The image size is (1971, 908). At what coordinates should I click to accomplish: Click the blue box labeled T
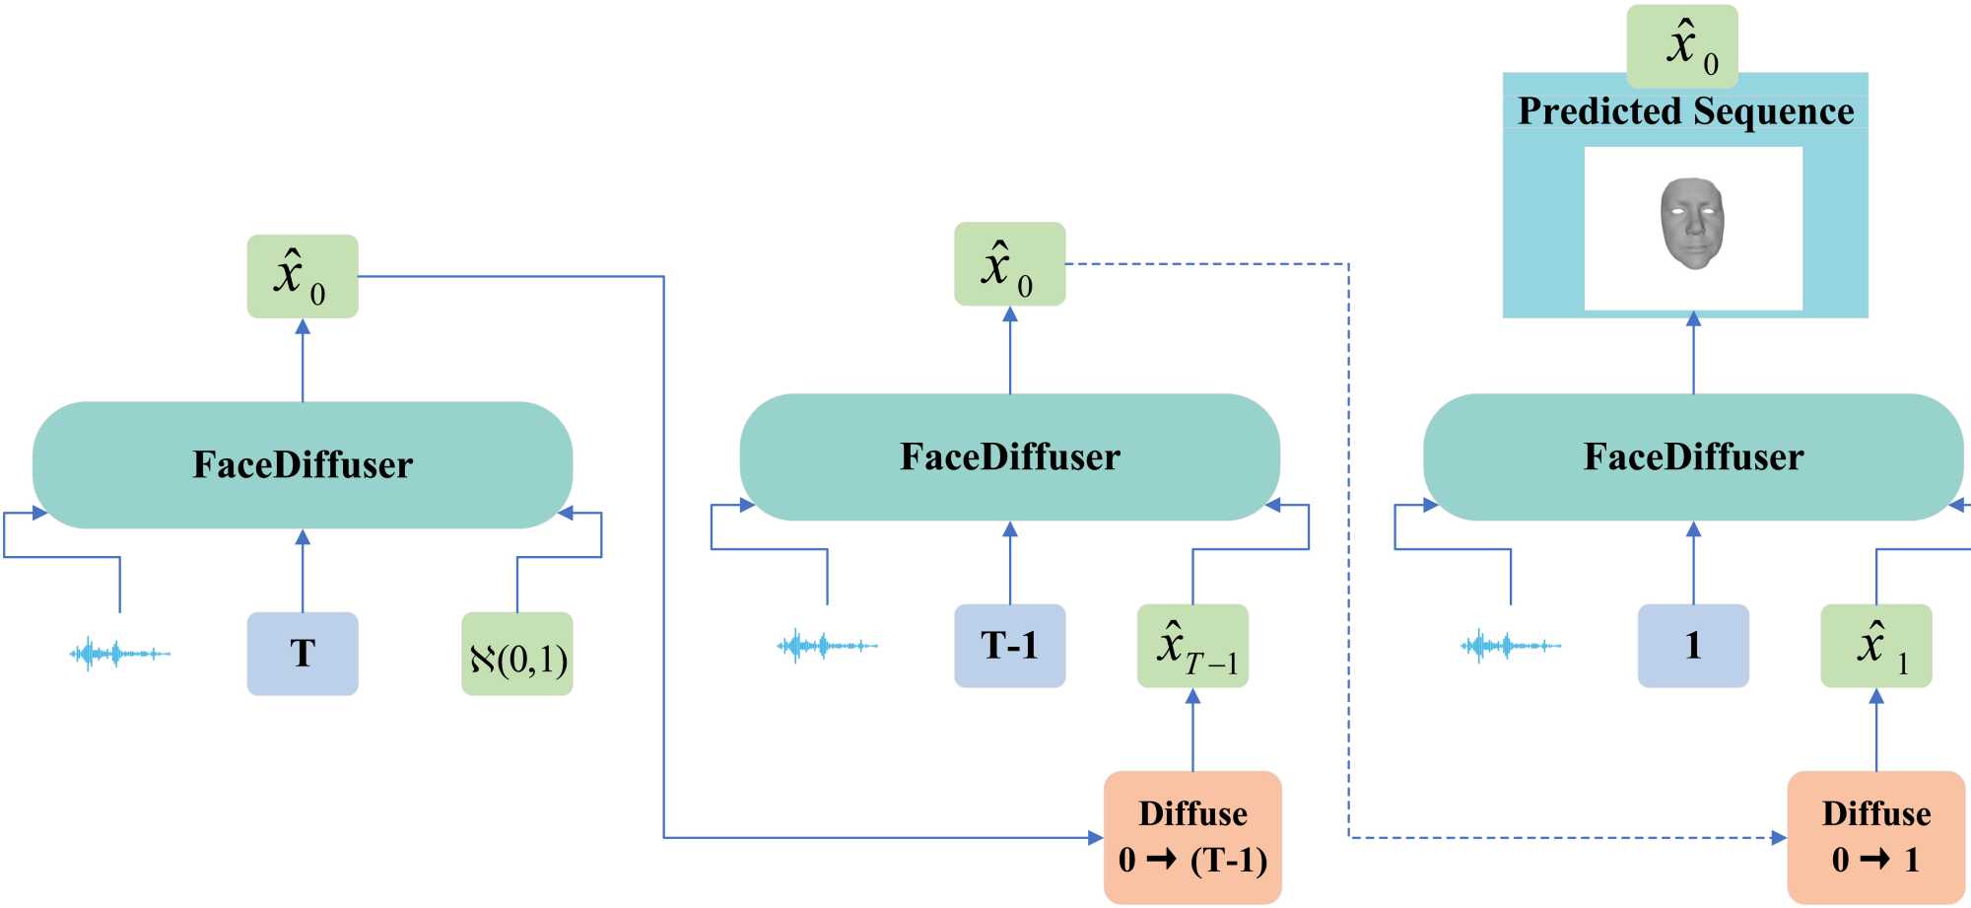tap(303, 654)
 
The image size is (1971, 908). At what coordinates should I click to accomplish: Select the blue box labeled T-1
tap(1009, 646)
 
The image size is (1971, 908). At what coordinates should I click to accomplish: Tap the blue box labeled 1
tap(1693, 646)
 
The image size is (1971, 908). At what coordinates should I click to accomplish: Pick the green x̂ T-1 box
tap(1192, 646)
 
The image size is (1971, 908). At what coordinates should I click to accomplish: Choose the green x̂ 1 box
tap(1875, 646)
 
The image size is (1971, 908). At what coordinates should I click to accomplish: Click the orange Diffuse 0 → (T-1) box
tap(1192, 837)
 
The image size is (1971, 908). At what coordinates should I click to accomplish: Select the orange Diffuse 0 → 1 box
tap(1875, 837)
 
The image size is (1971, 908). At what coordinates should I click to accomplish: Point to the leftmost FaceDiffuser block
tap(303, 464)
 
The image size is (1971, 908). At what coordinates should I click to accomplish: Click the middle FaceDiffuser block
tap(1009, 456)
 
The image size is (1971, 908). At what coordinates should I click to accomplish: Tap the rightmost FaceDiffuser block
tap(1693, 456)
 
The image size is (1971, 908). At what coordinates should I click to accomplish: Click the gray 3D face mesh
tap(1692, 224)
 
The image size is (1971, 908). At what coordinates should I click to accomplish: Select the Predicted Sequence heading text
tap(1685, 111)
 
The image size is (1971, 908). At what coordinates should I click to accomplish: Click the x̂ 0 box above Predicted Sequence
tap(1682, 45)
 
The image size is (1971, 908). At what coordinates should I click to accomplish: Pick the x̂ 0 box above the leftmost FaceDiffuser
tap(303, 276)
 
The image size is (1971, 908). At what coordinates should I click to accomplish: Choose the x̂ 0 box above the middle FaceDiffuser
tap(1009, 264)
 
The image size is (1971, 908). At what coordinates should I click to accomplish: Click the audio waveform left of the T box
tap(119, 653)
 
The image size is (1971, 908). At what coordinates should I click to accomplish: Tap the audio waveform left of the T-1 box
tap(827, 646)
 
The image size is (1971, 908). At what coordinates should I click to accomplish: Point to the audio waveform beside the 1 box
tap(1510, 646)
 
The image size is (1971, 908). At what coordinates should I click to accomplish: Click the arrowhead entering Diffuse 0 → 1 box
tap(1779, 838)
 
